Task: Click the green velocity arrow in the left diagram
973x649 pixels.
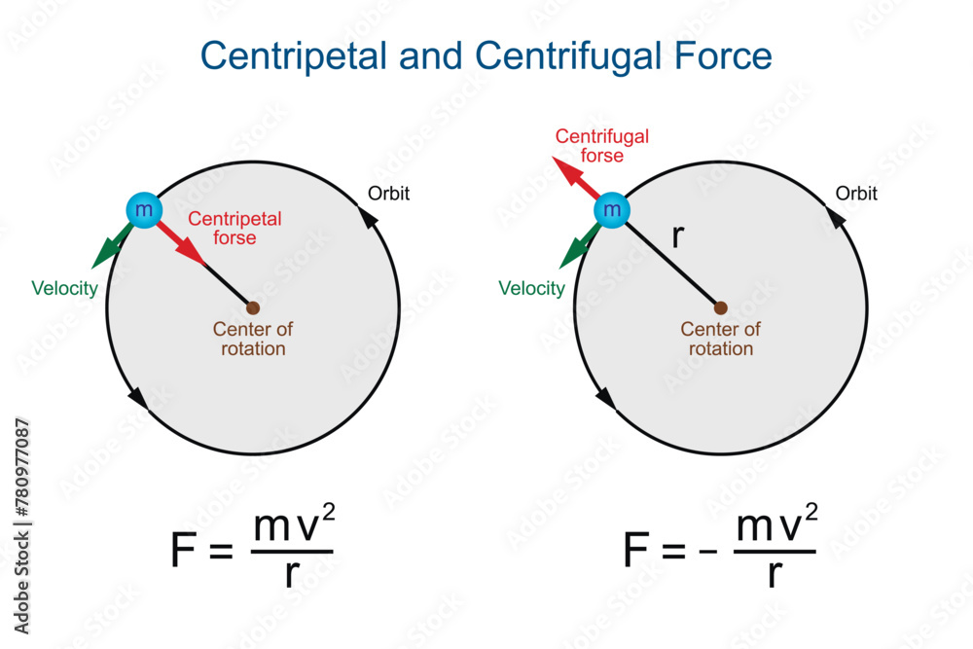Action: [110, 246]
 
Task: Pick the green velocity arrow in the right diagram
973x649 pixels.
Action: [578, 246]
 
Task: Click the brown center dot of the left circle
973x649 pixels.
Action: [253, 307]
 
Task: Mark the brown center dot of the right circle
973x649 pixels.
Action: [720, 307]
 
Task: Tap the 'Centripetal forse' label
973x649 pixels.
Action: [234, 228]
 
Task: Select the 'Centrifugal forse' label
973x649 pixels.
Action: [601, 146]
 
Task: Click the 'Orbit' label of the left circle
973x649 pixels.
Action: [388, 193]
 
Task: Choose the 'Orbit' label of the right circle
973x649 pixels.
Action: [856, 194]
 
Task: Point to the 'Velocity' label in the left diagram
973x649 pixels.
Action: [64, 287]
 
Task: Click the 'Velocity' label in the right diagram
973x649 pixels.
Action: [531, 288]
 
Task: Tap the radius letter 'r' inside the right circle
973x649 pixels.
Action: [677, 236]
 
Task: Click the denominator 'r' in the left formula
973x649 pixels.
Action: [292, 575]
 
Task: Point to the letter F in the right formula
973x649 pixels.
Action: [635, 551]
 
